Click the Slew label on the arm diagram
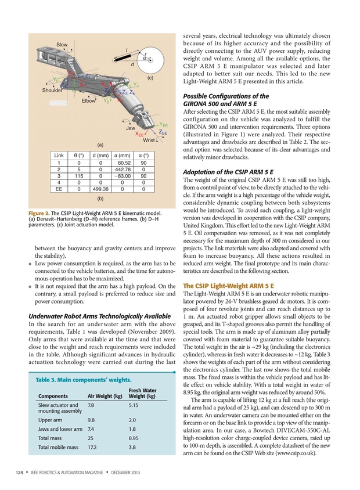pyautogui.click(x=62, y=45)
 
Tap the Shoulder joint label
pyautogui.click(x=53, y=90)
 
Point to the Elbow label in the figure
pyautogui.click(x=88, y=100)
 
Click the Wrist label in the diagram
pyautogui.click(x=149, y=140)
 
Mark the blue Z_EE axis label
pyautogui.click(x=163, y=133)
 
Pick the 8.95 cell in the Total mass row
pyautogui.click(x=133, y=438)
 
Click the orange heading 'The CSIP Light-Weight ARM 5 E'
pyautogui.click(x=228, y=286)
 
